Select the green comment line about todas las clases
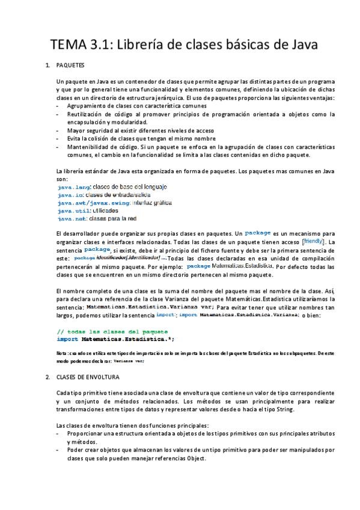pos(112,331)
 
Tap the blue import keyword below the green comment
pos(68,339)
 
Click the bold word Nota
pos(61,353)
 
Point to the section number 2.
pos(47,377)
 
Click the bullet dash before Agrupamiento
pos(58,105)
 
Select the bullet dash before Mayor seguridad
pos(58,130)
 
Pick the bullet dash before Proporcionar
pos(58,433)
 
